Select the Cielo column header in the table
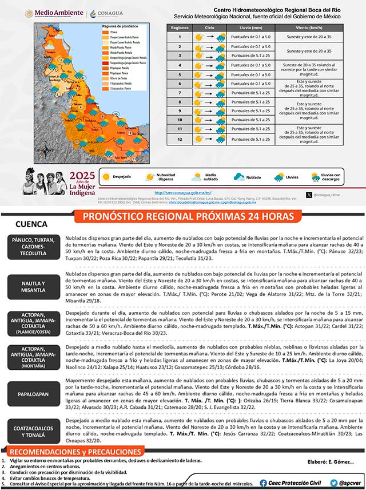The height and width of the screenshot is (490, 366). [210, 27]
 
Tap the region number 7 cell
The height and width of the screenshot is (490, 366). [180, 92]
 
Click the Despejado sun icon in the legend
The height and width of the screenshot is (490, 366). [106, 177]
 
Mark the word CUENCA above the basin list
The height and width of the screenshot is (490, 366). [31, 224]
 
